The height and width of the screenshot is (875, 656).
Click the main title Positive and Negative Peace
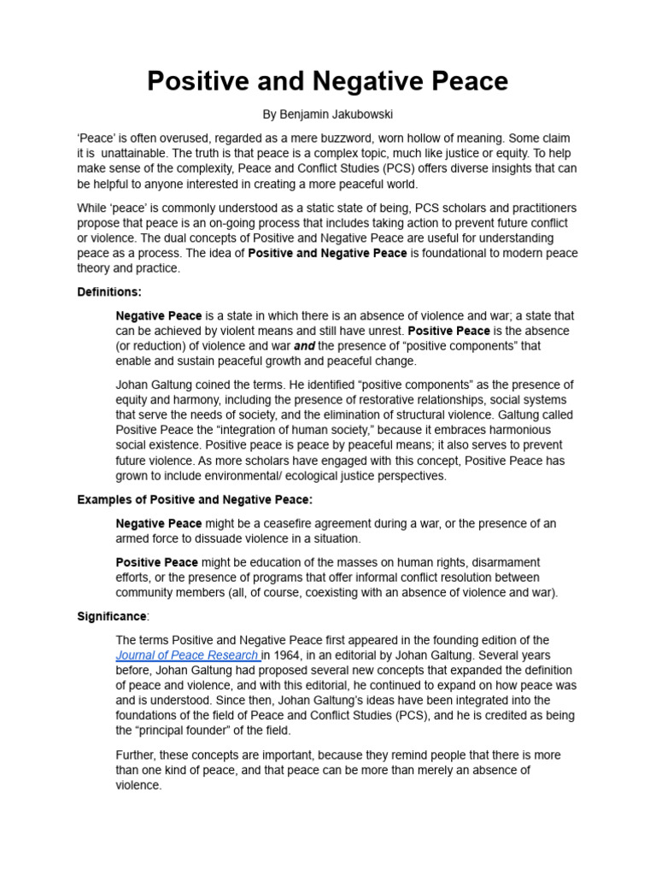pos(327,81)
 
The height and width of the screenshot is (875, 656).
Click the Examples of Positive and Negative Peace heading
pos(195,499)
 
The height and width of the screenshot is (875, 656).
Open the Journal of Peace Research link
pos(188,655)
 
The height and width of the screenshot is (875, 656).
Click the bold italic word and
pos(304,346)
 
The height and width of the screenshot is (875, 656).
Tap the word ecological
pos(307,476)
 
